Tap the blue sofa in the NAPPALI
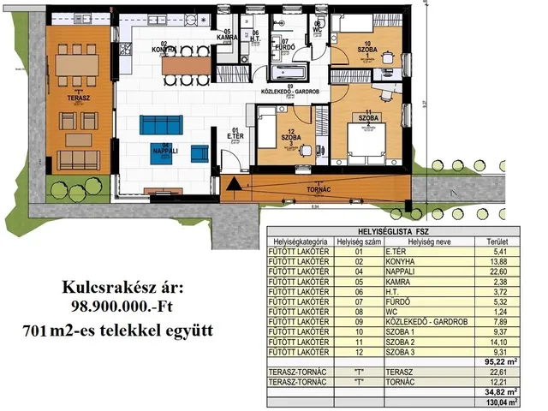(x=155, y=122)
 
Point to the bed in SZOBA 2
(x=369, y=140)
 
